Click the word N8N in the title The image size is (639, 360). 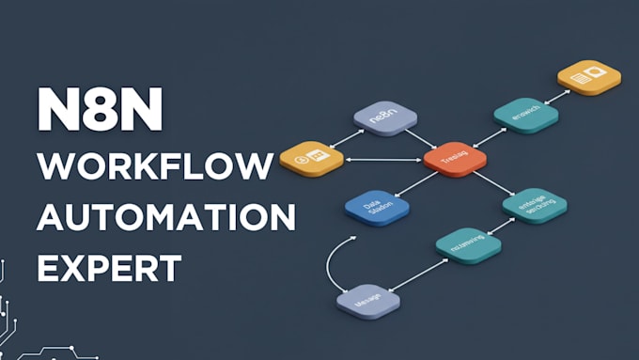100,111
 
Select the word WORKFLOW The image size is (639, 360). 155,168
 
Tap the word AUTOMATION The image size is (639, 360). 165,219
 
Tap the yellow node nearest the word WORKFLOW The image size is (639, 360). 311,158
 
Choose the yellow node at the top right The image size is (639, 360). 588,75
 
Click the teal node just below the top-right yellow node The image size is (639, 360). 526,114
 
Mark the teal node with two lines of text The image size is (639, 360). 535,203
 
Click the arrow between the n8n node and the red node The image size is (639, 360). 420,136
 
